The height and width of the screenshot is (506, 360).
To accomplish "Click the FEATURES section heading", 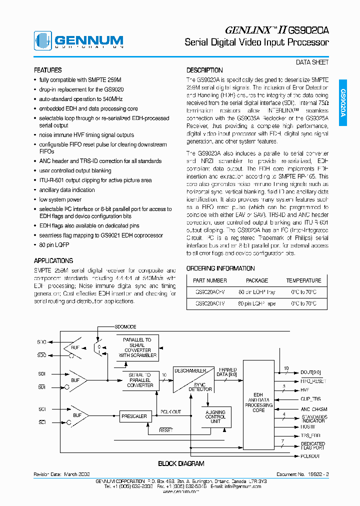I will [x=47, y=70].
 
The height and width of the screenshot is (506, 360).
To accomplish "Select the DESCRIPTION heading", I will [x=204, y=70].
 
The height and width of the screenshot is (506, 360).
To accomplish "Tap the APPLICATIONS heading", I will [x=53, y=261].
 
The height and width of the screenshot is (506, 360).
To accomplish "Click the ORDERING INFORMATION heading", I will [x=220, y=268].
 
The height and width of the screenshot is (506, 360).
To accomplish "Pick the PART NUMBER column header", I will [x=210, y=280].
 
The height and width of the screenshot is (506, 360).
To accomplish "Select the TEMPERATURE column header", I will [x=303, y=280].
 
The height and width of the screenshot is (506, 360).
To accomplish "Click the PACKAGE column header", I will [x=257, y=280].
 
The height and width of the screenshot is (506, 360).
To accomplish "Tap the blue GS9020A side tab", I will [x=343, y=103].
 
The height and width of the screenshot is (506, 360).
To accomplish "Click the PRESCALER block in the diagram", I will [x=134, y=416].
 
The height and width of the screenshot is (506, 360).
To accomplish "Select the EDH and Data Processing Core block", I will [x=258, y=402].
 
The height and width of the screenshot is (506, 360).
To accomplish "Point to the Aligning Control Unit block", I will [x=215, y=416].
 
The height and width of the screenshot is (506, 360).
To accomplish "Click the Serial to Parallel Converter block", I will [x=140, y=380].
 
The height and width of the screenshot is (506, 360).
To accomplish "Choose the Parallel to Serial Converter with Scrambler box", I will [x=137, y=347].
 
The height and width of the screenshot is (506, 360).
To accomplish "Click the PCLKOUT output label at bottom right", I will [x=310, y=456].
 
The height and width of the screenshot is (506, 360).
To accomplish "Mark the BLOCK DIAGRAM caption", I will [x=181, y=464].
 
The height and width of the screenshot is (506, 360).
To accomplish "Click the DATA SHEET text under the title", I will [x=312, y=62].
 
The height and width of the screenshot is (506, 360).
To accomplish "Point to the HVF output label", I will [x=305, y=390].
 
